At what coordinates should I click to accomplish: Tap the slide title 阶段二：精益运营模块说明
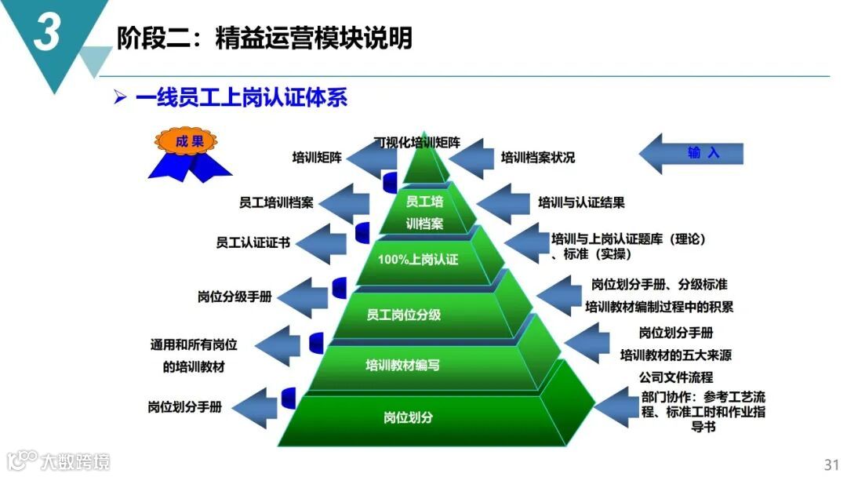click(x=264, y=37)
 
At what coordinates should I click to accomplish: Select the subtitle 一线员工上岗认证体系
click(x=241, y=98)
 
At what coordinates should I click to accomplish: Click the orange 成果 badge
click(x=190, y=143)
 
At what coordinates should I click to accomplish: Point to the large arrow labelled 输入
click(x=691, y=154)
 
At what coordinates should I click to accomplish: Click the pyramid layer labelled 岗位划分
click(x=408, y=417)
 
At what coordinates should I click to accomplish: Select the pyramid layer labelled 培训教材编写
click(x=402, y=365)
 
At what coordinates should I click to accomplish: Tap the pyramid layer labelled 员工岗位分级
click(x=403, y=315)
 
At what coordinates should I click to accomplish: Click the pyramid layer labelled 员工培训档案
click(x=424, y=212)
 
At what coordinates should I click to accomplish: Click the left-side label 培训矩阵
click(x=317, y=158)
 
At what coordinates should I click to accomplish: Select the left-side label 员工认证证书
click(x=253, y=242)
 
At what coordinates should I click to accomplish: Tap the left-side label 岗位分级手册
click(x=234, y=297)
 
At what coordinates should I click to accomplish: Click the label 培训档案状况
click(x=537, y=158)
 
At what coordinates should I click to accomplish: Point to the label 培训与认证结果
click(x=581, y=202)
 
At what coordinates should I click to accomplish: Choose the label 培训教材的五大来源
click(x=675, y=355)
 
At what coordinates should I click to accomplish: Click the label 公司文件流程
click(x=675, y=377)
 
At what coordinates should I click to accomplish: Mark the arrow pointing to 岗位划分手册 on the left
click(x=259, y=408)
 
